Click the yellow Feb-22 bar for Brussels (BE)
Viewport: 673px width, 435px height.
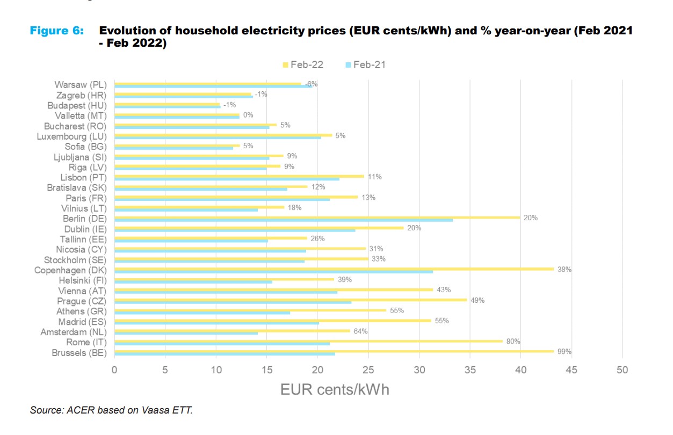coord(333,351)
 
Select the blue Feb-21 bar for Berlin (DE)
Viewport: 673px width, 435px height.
coord(284,220)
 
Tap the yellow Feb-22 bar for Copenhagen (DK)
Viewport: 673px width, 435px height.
coord(333,269)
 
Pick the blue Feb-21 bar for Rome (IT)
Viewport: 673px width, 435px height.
coord(222,344)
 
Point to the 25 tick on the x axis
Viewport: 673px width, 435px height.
coord(368,369)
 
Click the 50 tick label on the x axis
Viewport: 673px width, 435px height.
coord(622,369)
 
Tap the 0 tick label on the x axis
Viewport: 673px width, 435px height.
coord(114,369)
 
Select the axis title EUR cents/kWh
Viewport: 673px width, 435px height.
coord(335,389)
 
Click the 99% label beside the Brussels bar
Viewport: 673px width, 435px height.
coord(565,352)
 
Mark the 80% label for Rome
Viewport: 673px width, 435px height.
coord(513,342)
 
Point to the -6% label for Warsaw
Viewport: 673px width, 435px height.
coord(312,84)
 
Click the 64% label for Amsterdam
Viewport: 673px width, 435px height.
coord(360,331)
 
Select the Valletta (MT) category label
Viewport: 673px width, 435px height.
coord(81,116)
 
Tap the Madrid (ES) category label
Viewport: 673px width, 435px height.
coord(83,322)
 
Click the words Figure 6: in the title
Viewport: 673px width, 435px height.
coord(57,31)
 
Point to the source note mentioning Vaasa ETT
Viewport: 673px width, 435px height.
coord(111,410)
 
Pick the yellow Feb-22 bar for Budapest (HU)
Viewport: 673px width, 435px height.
coord(167,104)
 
